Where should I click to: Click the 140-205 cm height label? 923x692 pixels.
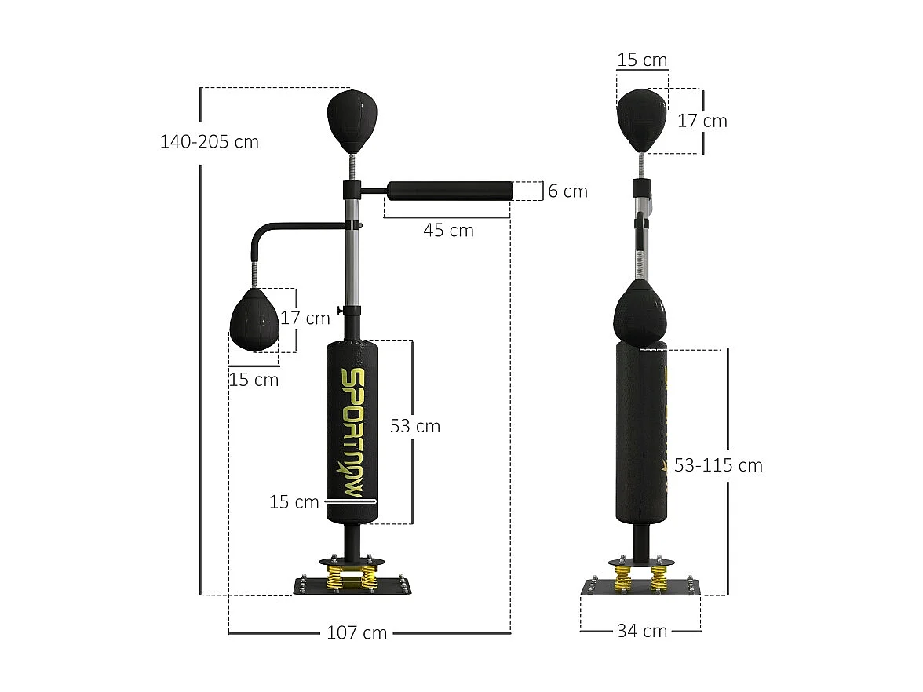click(209, 142)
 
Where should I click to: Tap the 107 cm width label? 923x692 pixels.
click(356, 632)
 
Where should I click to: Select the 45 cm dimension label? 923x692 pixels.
click(448, 230)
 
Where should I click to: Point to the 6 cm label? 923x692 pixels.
click(567, 191)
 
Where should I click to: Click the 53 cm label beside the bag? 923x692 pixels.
click(415, 426)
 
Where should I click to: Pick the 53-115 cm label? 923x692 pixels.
click(718, 465)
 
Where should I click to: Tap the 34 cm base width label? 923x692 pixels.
click(641, 631)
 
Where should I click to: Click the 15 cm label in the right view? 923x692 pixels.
click(642, 60)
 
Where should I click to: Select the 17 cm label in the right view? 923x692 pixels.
click(702, 121)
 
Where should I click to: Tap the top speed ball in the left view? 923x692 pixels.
click(352, 120)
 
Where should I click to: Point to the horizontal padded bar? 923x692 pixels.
click(449, 190)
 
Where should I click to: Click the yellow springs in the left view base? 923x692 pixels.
click(349, 578)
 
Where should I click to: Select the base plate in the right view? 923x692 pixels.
click(640, 588)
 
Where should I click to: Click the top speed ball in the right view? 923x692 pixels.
click(641, 118)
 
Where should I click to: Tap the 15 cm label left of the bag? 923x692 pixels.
click(294, 502)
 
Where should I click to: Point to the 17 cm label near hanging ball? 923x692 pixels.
click(305, 319)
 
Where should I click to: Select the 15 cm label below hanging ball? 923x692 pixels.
click(254, 380)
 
